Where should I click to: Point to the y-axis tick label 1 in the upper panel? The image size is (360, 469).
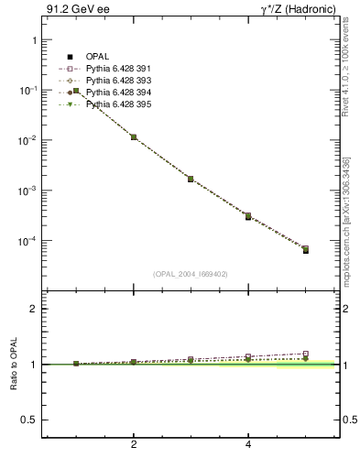[33, 41]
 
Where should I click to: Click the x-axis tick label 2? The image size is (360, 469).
[134, 444]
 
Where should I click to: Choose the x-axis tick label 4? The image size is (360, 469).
[249, 444]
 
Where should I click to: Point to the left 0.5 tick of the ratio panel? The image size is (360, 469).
[27, 420]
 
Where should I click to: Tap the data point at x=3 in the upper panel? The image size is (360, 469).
[191, 179]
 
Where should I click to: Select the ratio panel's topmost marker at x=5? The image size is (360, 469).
[306, 354]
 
